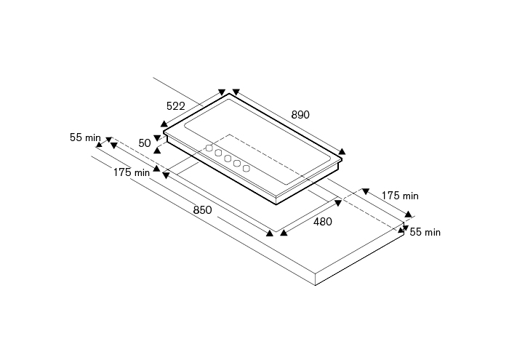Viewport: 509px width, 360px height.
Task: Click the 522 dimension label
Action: [x=176, y=106]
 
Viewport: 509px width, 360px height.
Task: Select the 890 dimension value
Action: [x=300, y=115]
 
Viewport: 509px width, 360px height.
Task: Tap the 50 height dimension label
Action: [x=145, y=143]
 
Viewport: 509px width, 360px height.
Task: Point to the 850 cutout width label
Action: [x=202, y=210]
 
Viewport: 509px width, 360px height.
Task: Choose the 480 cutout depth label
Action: [x=323, y=222]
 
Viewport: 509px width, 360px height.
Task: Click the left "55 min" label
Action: [x=85, y=137]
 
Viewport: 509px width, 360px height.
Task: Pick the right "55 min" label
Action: [x=425, y=232]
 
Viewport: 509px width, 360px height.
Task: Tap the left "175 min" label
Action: [x=132, y=172]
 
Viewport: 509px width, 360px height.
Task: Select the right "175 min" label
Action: [x=400, y=196]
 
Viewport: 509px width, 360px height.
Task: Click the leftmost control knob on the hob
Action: [x=209, y=148]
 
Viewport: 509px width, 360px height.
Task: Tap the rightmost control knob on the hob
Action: [x=247, y=168]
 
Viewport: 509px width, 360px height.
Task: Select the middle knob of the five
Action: [x=228, y=159]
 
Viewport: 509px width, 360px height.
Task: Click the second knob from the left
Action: [x=218, y=153]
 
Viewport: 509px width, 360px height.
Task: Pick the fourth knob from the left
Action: [x=237, y=164]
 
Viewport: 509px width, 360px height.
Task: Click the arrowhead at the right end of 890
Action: [x=342, y=151]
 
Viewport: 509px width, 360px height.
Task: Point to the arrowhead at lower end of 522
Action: [x=164, y=124]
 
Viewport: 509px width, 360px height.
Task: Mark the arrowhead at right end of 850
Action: [x=270, y=233]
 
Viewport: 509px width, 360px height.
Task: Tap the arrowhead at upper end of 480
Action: [x=338, y=203]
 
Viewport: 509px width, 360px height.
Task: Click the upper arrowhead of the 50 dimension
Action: [x=157, y=138]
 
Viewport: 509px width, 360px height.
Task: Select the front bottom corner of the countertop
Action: [x=316, y=285]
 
